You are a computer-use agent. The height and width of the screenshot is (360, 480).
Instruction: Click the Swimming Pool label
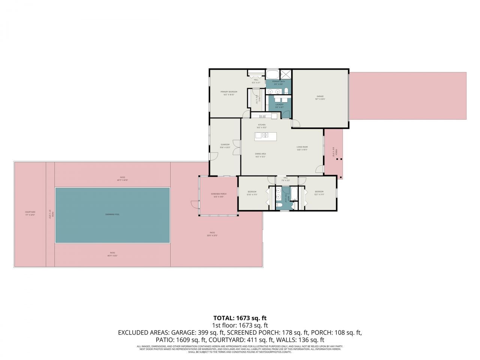tap(112, 214)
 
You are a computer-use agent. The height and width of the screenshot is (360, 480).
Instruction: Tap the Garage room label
tap(320, 97)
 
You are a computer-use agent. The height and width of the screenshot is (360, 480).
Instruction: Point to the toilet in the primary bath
tap(286, 90)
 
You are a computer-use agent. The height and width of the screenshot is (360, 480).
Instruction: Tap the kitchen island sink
tap(264, 135)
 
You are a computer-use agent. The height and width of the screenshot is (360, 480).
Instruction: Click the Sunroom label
tap(225, 145)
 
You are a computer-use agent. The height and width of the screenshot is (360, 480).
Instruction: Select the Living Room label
tap(302, 148)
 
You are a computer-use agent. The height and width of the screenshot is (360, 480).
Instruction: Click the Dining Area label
tap(260, 155)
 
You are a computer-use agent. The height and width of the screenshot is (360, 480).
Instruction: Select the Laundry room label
tap(279, 106)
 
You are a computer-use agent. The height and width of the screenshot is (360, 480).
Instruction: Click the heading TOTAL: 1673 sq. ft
tap(240, 318)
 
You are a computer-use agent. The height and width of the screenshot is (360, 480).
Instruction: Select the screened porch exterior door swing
tap(194, 204)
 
